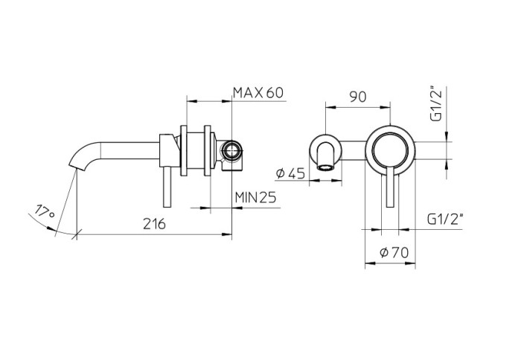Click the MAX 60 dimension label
(x=258, y=93)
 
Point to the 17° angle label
(x=46, y=213)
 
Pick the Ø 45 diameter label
(x=290, y=173)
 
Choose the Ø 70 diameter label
(x=394, y=252)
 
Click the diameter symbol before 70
(x=384, y=252)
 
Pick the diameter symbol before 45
(x=280, y=173)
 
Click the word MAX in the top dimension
(x=247, y=93)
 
